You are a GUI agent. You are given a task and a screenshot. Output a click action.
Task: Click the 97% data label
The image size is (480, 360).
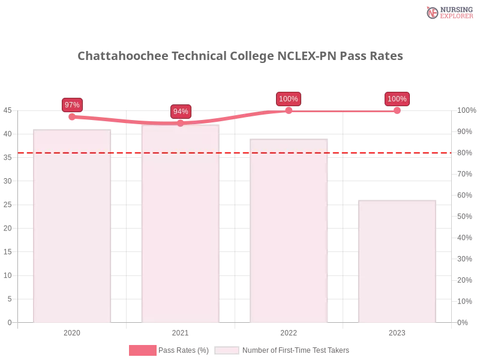pyautogui.click(x=72, y=104)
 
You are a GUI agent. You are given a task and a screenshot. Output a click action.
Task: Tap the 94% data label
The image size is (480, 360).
pyautogui.click(x=181, y=112)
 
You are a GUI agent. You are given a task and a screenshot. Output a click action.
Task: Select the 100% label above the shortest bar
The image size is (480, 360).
pyautogui.click(x=397, y=99)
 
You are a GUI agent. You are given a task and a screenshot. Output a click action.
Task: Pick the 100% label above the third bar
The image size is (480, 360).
pyautogui.click(x=289, y=99)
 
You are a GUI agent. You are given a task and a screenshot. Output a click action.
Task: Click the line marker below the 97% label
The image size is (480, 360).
pyautogui.click(x=72, y=117)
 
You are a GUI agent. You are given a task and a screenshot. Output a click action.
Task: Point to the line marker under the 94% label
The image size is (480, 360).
pyautogui.click(x=181, y=123)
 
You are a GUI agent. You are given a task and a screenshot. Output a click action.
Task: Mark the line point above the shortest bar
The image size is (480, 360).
pyautogui.click(x=397, y=110)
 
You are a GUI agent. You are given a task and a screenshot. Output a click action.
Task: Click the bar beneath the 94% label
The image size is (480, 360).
pyautogui.click(x=180, y=228)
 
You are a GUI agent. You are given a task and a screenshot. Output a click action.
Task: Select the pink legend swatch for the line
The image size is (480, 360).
pyautogui.click(x=142, y=350)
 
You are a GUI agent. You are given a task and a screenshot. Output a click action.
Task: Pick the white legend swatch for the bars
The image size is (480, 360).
pyautogui.click(x=226, y=350)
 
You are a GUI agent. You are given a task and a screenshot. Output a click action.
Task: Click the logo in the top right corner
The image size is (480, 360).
pyautogui.click(x=448, y=12)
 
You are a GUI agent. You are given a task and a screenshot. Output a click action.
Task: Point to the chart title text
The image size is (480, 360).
pyautogui.click(x=240, y=56)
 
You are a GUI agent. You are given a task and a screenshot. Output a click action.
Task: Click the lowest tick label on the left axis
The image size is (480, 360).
pyautogui.click(x=9, y=322)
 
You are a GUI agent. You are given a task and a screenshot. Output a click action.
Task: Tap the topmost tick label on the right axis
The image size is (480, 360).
pyautogui.click(x=465, y=110)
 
